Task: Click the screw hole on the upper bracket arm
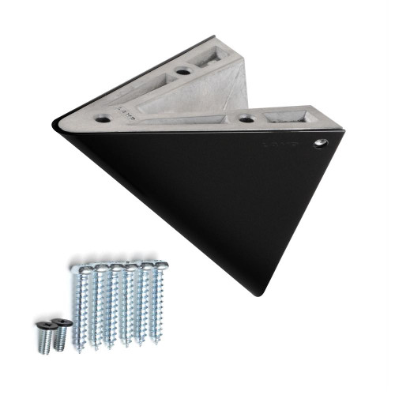(x=183, y=71)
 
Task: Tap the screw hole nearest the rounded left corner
(x=103, y=118)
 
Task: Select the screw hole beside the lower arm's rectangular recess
(x=246, y=118)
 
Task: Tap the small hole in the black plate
(x=320, y=143)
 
